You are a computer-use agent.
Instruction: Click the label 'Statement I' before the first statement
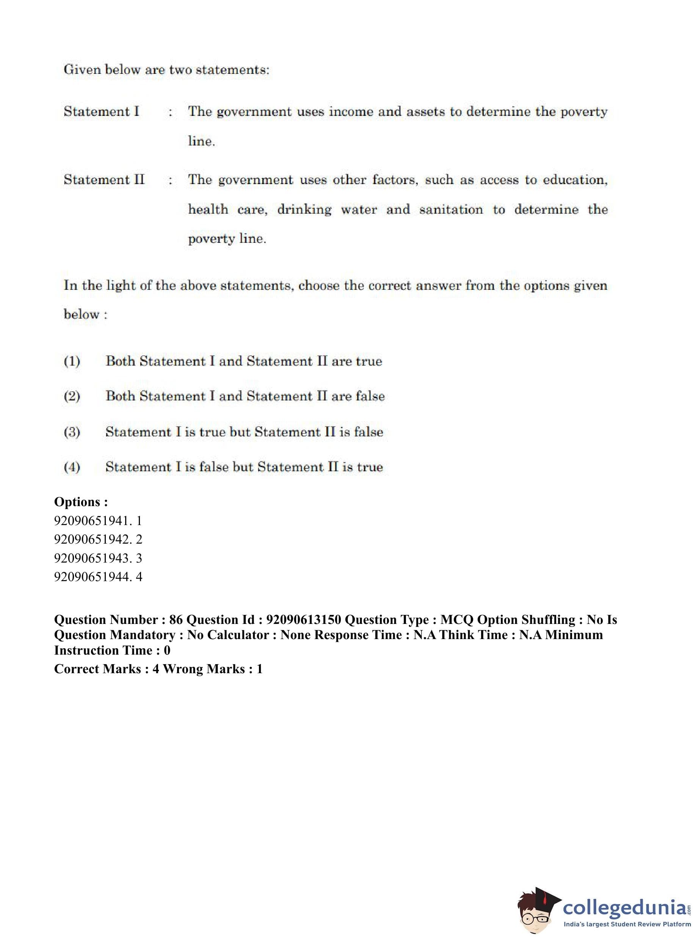point(101,111)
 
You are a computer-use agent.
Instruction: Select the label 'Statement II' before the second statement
point(104,180)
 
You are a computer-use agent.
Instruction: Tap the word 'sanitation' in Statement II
point(451,209)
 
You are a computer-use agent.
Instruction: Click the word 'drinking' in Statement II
point(304,209)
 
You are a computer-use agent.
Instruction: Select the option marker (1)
point(72,361)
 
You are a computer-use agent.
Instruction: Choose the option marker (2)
point(72,396)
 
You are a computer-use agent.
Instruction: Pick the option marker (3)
point(72,432)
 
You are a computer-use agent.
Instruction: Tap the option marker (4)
point(72,467)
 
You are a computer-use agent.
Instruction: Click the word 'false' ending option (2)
point(370,396)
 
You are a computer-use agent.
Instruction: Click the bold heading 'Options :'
point(81,502)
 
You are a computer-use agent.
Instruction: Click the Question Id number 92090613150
point(303,620)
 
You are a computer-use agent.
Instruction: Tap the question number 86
point(176,620)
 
